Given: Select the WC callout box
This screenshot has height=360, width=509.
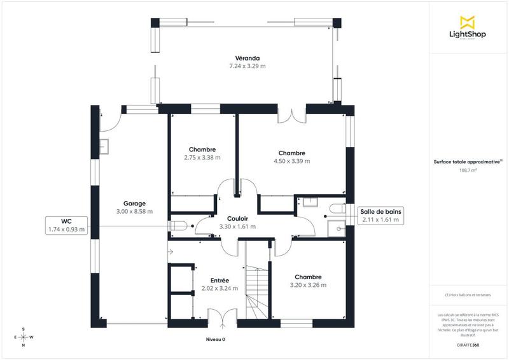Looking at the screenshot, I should pos(66,225).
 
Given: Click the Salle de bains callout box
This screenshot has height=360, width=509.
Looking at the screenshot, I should pos(380,216).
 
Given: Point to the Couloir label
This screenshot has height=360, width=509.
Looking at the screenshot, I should pos(237,218).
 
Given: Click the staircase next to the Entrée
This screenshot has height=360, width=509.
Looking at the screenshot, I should pos(257,287).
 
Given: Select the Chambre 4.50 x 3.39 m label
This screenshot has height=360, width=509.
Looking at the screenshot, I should pos(291,153).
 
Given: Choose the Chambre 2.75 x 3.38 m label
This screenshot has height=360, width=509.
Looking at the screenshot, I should pos(202,149).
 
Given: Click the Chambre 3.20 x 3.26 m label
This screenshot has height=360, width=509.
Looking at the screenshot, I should pos(308,277).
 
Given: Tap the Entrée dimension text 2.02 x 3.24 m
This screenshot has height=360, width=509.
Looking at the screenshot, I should pos(220,288).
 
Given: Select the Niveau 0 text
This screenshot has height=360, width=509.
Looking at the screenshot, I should pos(216,340).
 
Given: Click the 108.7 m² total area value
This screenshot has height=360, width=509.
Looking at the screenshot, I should pos(468,170).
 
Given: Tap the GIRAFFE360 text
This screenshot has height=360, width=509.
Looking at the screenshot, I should pos(468,344).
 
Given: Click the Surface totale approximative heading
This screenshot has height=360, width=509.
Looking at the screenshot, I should pos(468,162).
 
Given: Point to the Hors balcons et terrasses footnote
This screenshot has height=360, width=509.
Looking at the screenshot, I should pos(468,294).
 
